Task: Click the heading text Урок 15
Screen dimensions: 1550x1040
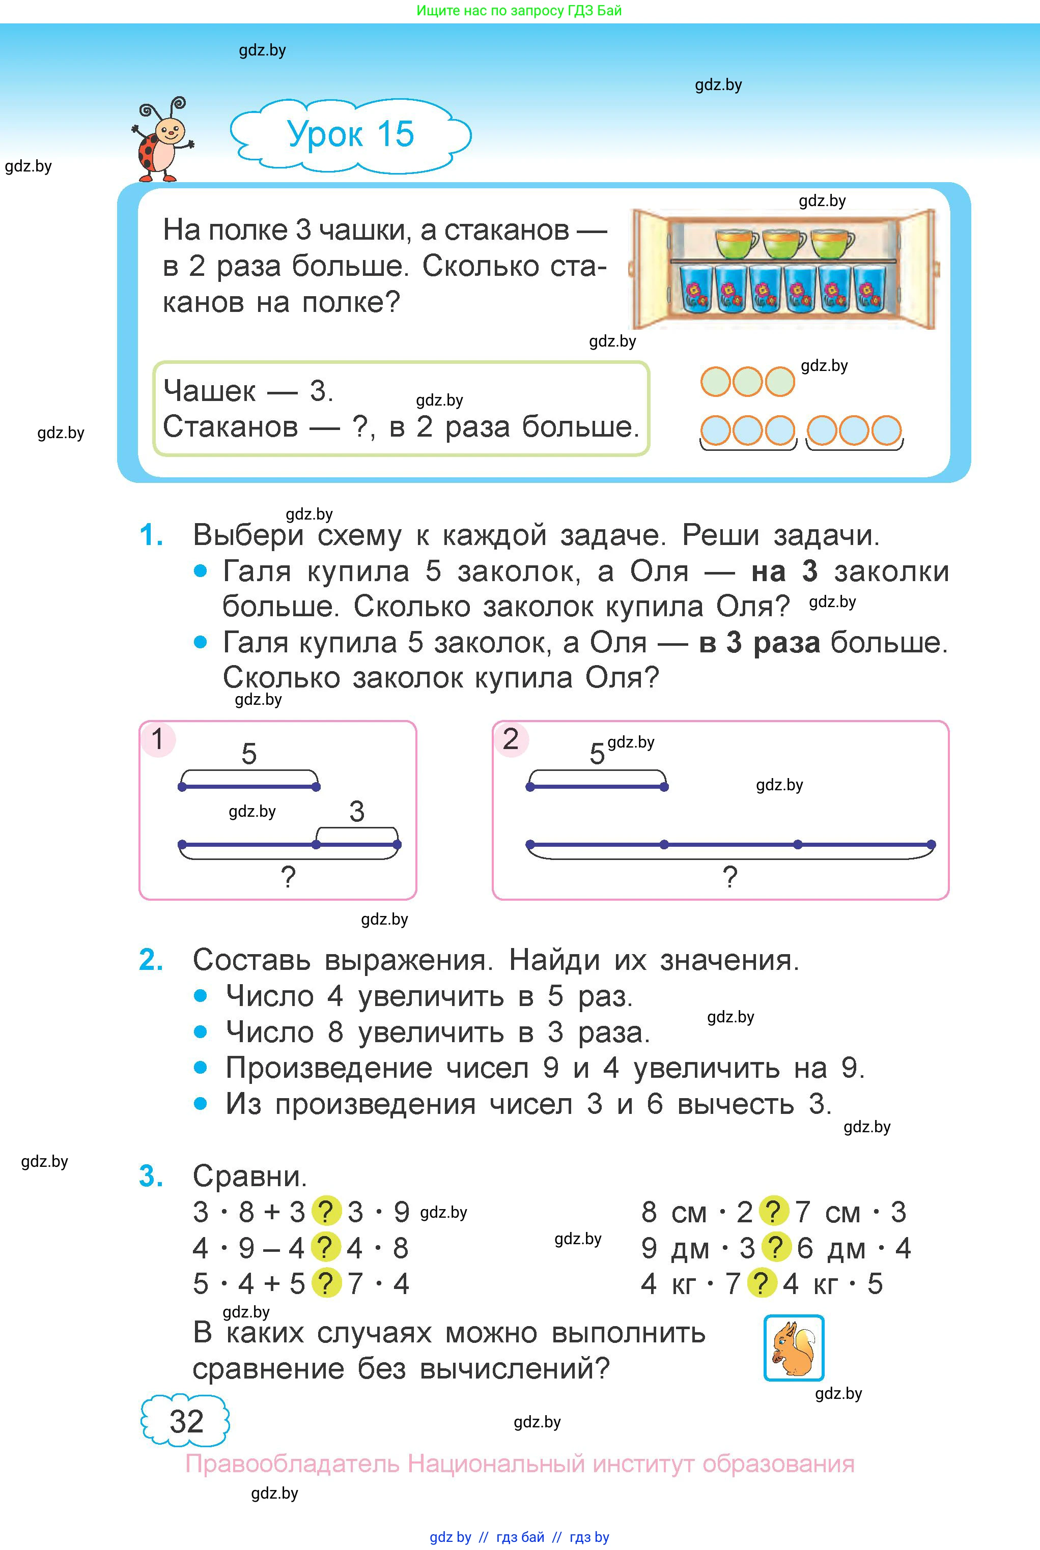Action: point(350,134)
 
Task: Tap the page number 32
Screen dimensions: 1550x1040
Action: point(186,1421)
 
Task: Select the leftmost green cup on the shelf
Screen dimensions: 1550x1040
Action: point(736,243)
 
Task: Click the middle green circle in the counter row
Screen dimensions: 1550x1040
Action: point(747,382)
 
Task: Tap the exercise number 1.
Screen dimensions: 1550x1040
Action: point(151,535)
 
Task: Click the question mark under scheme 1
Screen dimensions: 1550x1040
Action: point(288,877)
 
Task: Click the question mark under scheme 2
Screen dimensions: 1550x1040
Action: point(729,877)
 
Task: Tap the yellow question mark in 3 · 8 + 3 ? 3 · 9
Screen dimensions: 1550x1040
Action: point(325,1212)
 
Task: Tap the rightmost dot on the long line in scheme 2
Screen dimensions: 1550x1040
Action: point(931,845)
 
